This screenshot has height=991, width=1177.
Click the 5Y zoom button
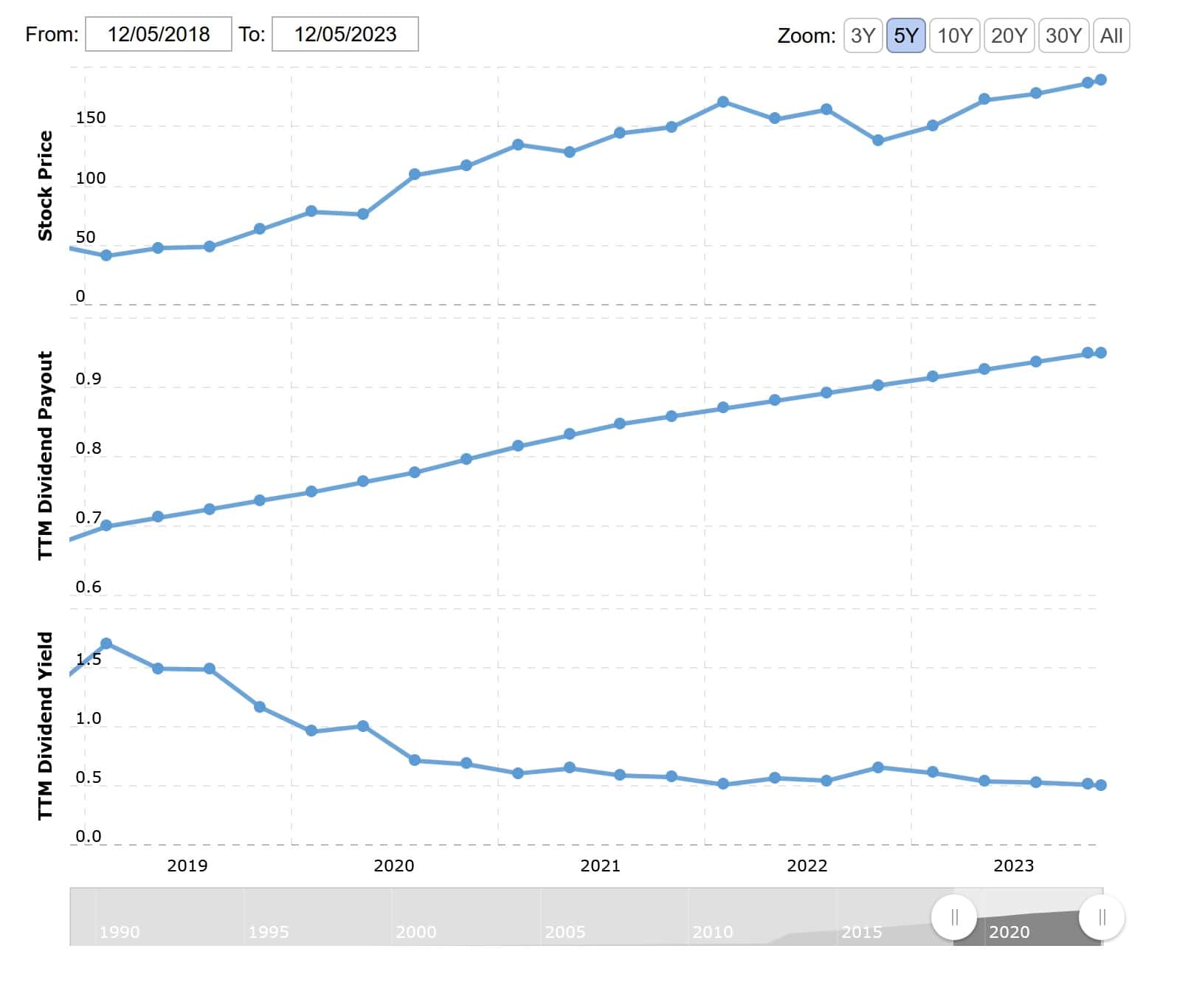[905, 35]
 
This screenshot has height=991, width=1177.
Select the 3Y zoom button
[863, 35]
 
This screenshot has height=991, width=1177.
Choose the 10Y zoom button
[954, 35]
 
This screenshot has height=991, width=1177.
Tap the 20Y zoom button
[1009, 35]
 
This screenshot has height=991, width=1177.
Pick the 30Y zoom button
[1063, 35]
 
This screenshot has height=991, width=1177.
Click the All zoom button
[1111, 35]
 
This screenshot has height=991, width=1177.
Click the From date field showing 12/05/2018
[159, 35]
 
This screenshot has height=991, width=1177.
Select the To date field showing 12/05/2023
[345, 35]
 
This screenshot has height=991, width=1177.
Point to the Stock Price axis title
[46, 186]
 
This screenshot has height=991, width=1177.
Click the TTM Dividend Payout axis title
[46, 455]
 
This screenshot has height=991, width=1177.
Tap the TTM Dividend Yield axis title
[46, 725]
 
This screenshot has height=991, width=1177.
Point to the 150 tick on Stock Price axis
[91, 118]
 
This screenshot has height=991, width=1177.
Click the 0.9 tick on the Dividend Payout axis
[89, 379]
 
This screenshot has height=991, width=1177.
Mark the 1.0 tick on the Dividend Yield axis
[89, 719]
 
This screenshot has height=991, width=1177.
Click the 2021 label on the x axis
[600, 866]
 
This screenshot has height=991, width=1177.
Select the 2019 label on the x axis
[187, 866]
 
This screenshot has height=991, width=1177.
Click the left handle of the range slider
[954, 917]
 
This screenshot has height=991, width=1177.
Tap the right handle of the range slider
[1102, 917]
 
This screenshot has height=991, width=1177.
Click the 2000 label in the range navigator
[416, 932]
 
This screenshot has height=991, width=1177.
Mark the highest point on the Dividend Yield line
[106, 643]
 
